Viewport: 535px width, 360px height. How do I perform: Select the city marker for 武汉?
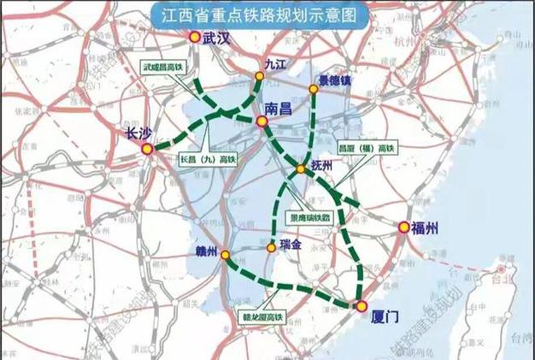194,38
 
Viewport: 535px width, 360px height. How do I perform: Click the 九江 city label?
273,63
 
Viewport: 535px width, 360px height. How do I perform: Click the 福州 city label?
425,227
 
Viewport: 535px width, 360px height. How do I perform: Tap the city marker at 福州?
403,227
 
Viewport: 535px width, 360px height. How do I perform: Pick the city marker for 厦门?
361,305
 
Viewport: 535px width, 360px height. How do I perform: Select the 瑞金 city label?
291,245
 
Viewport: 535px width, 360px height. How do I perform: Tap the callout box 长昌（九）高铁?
208,158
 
